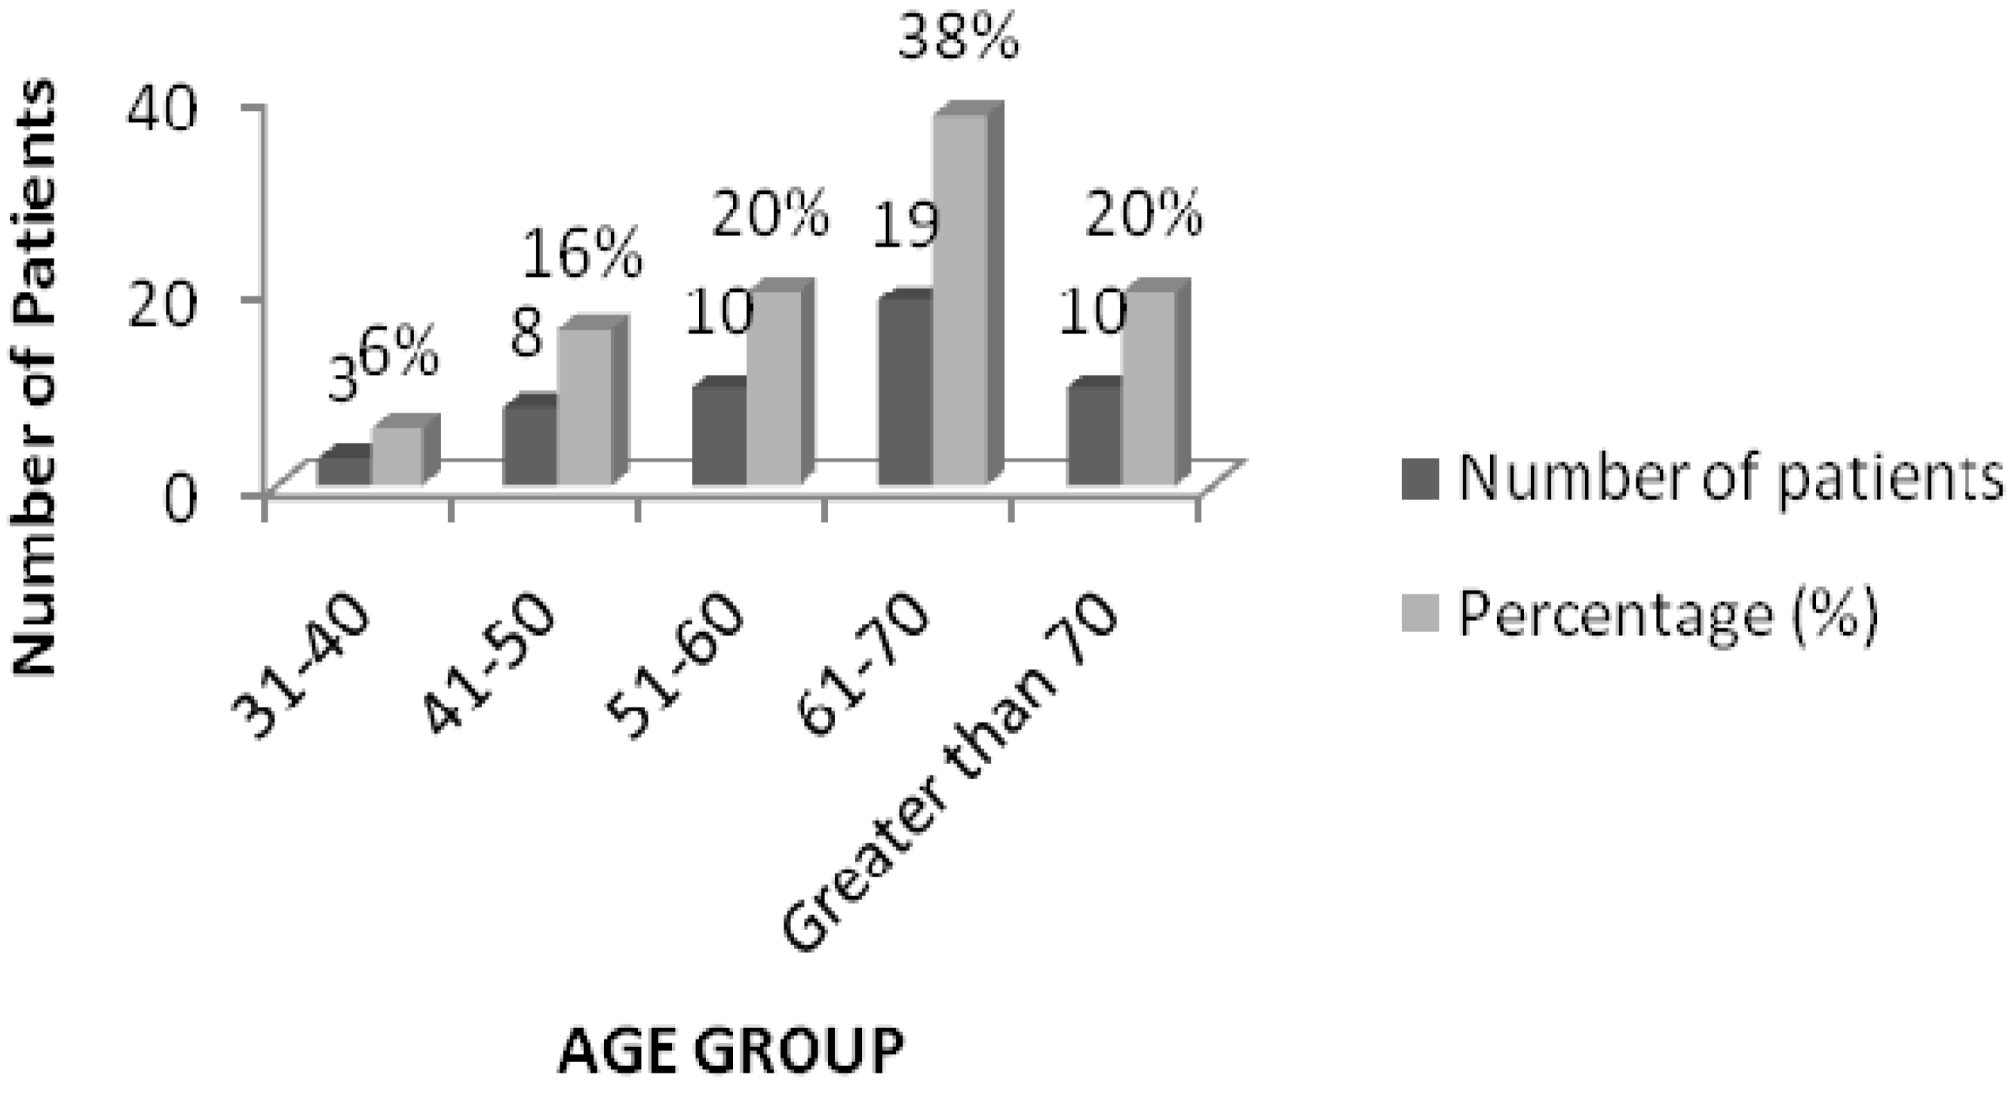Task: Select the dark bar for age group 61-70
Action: tap(906, 391)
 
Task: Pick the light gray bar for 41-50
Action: tap(584, 407)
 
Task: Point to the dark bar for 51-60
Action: tap(719, 435)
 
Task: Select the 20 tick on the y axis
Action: tap(170, 301)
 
